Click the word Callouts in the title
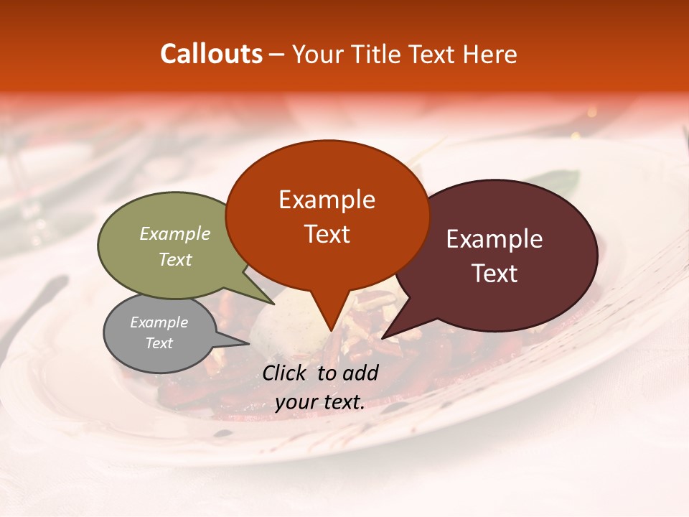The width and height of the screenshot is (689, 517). point(211,54)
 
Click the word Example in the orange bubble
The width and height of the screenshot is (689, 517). point(327,200)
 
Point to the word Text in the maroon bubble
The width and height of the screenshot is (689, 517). point(494,274)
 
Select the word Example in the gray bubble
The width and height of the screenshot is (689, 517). point(159,322)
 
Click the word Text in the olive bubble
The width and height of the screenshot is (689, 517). point(175,259)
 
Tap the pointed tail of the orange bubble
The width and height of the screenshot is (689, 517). point(331,327)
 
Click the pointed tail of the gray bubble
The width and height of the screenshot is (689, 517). point(245,343)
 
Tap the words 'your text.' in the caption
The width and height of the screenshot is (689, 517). point(320,402)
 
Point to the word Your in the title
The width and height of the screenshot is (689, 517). point(314,55)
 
